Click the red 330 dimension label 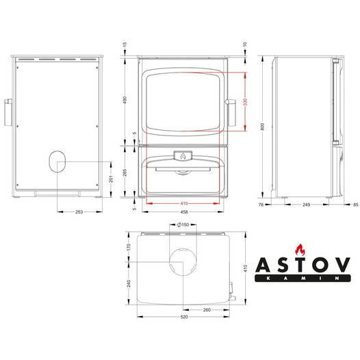(x=245, y=102)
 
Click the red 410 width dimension (x=184, y=203)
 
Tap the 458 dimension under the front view (x=184, y=212)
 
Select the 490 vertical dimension (x=125, y=100)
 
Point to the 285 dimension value (x=125, y=172)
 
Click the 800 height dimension (x=263, y=127)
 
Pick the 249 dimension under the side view (x=307, y=205)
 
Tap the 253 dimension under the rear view (x=79, y=212)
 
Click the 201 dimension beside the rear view (x=111, y=179)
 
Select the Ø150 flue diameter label (x=183, y=224)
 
